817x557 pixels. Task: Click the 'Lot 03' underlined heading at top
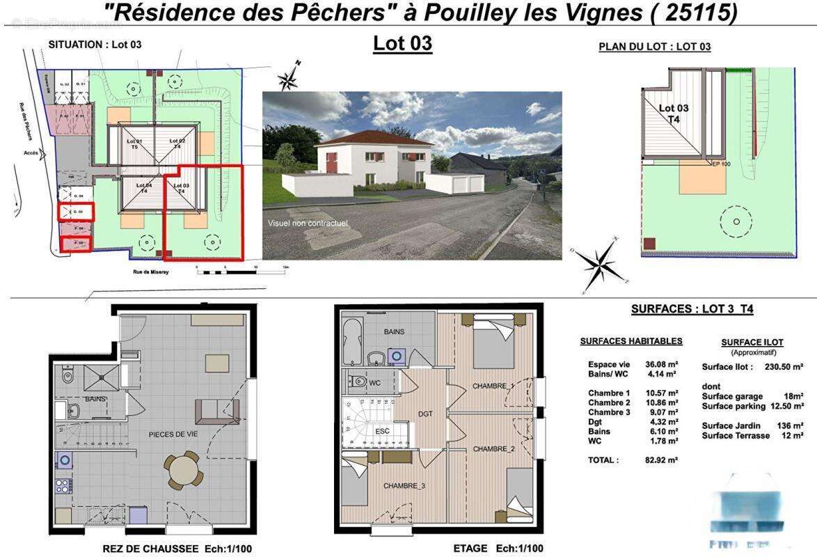click(x=402, y=43)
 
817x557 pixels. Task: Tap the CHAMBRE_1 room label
click(x=493, y=386)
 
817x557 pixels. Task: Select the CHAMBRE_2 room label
click(x=493, y=449)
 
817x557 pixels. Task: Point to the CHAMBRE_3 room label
click(x=404, y=486)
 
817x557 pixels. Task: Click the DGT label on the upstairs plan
click(x=425, y=414)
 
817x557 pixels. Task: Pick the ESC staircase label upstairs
click(x=383, y=431)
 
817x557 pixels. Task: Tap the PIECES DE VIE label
click(x=174, y=434)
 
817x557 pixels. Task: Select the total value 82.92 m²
click(x=658, y=460)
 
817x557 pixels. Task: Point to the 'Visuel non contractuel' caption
click(x=308, y=223)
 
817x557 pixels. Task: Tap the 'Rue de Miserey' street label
click(x=150, y=272)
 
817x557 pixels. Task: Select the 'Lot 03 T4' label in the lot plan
click(x=673, y=113)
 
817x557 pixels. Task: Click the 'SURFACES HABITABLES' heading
click(x=630, y=341)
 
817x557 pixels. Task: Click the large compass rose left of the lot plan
click(x=599, y=265)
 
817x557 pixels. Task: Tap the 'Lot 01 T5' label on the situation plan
click(x=134, y=143)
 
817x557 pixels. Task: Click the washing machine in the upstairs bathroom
click(x=397, y=356)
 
